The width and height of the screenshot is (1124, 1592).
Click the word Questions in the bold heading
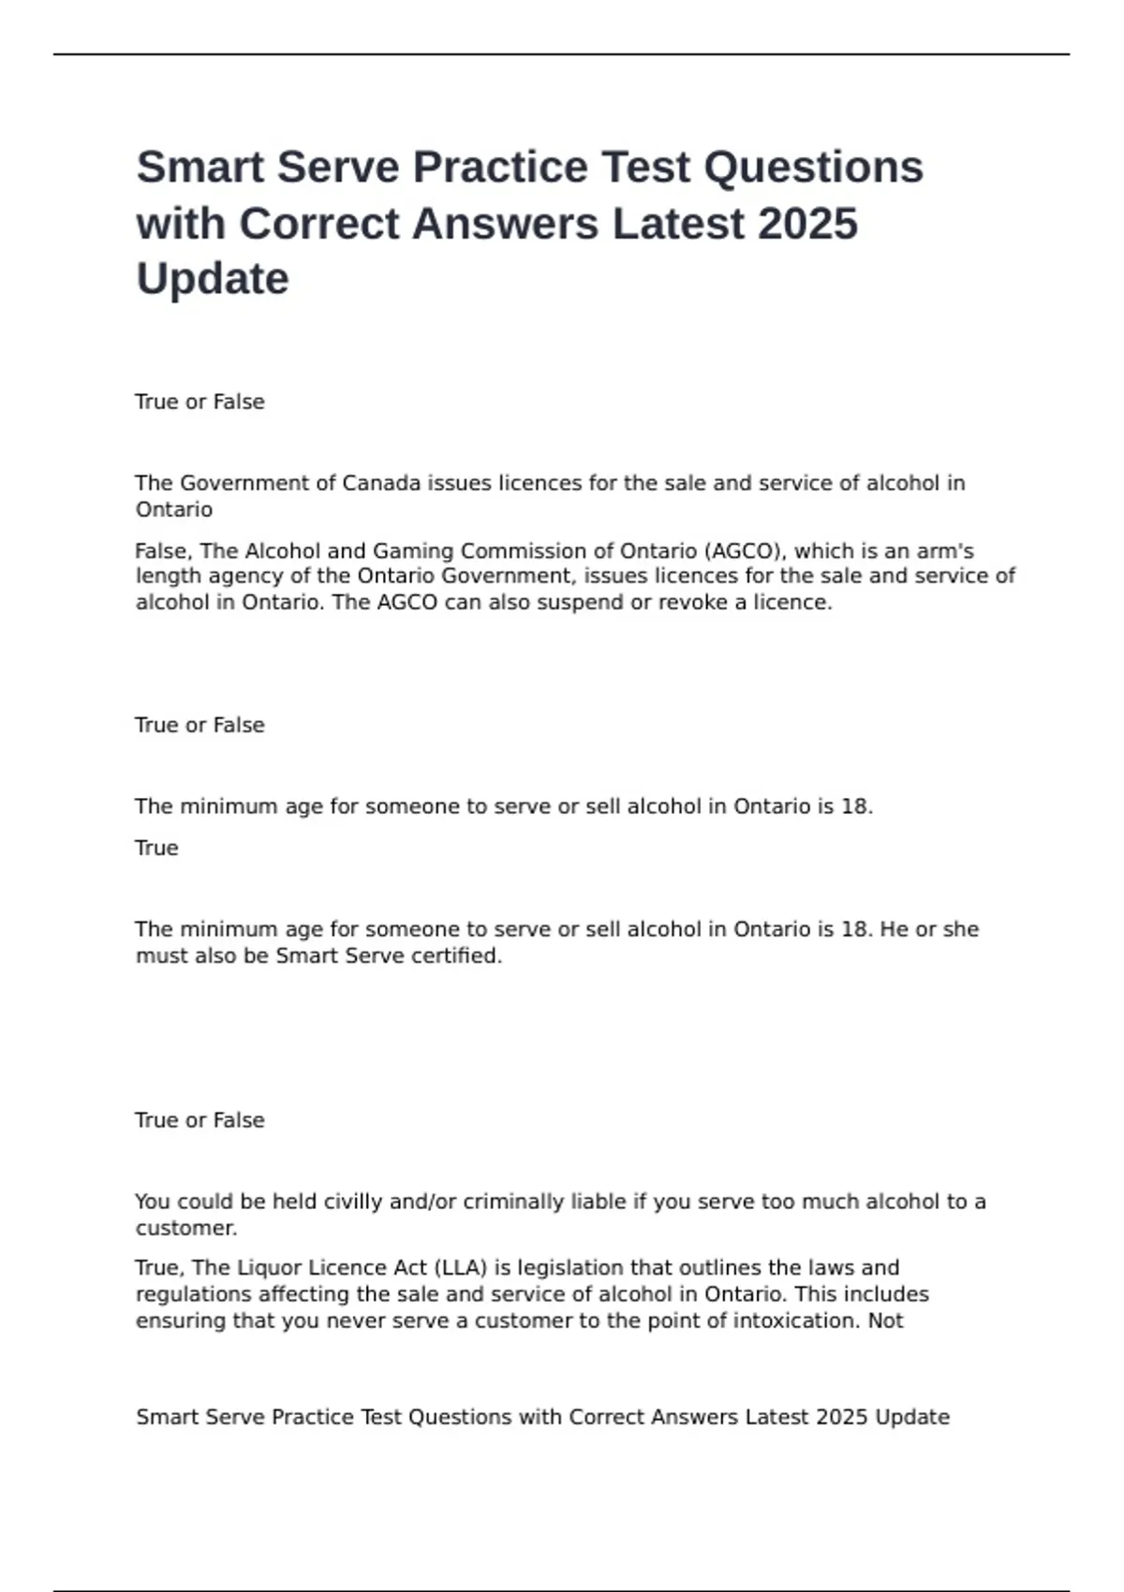pyautogui.click(x=813, y=168)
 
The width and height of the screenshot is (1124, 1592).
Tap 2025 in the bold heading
pyautogui.click(x=807, y=224)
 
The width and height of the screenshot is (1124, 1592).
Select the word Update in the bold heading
pyautogui.click(x=213, y=279)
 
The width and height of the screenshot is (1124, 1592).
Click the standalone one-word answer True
pyautogui.click(x=156, y=848)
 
